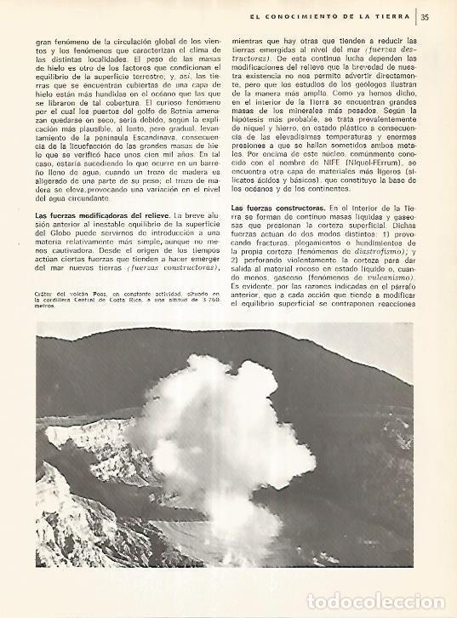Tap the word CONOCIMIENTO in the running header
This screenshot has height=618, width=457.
click(x=315, y=14)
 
